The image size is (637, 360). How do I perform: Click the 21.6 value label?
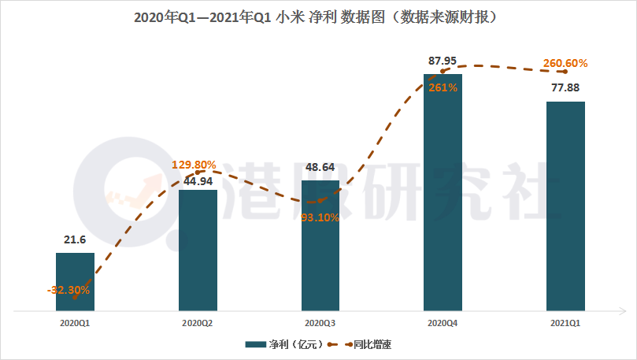click(74, 239)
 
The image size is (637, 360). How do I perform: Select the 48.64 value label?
click(320, 167)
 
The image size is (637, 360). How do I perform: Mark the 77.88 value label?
click(566, 87)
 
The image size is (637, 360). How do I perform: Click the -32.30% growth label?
click(69, 290)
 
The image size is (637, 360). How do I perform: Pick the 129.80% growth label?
click(194, 165)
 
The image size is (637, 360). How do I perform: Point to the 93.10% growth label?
click(320, 217)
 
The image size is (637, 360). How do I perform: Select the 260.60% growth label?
click(565, 63)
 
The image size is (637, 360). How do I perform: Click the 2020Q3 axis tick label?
click(320, 323)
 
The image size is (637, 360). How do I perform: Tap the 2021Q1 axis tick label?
click(566, 323)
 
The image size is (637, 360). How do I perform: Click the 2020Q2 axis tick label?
click(198, 323)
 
